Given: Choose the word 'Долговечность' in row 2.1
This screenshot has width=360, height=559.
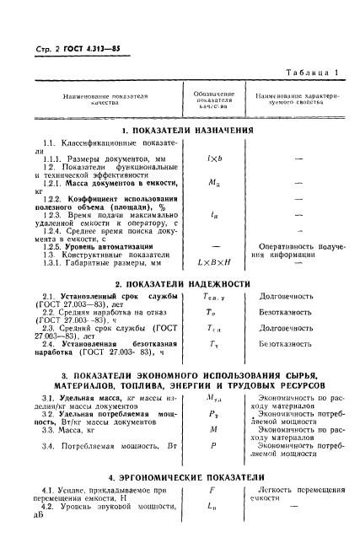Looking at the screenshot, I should [x=287, y=298].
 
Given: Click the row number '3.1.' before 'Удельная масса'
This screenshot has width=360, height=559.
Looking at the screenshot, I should [x=50, y=397].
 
